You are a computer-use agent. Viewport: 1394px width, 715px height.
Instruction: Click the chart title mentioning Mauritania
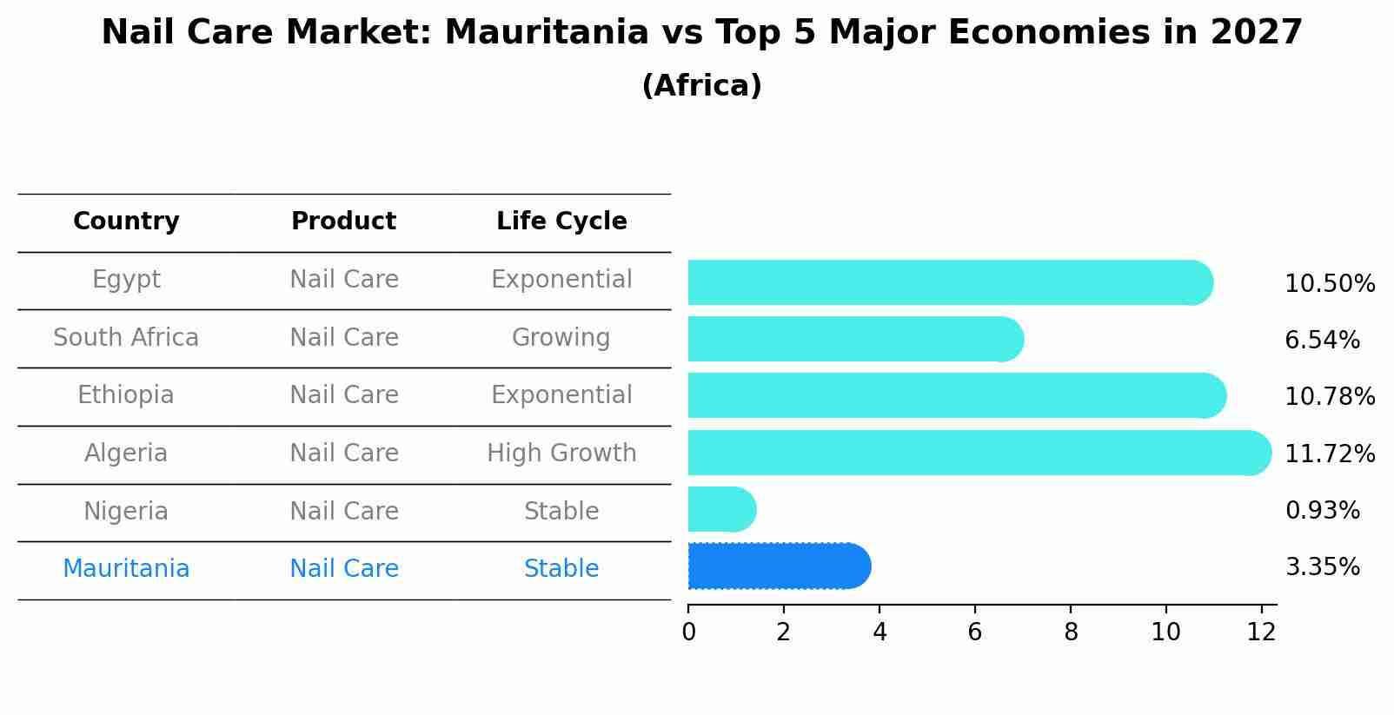click(701, 33)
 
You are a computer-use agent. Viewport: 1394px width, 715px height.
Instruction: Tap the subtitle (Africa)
click(701, 86)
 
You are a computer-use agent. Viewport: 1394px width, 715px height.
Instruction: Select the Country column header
click(126, 222)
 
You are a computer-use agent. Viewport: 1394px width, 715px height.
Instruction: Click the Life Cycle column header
click(561, 222)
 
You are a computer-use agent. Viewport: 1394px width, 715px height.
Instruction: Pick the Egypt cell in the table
click(126, 280)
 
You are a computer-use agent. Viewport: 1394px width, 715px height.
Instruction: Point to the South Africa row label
click(126, 338)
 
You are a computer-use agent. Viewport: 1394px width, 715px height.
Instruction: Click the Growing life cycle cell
click(561, 338)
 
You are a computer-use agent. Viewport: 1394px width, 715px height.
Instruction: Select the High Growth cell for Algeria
click(561, 453)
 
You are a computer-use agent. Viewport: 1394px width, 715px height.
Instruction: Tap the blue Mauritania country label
click(126, 569)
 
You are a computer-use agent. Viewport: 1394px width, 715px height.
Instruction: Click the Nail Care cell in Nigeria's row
click(344, 512)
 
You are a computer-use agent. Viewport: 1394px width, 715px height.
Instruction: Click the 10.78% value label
click(1330, 397)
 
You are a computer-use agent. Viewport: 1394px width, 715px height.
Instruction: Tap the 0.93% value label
click(1322, 511)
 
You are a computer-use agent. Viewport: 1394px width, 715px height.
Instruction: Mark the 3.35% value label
click(1322, 567)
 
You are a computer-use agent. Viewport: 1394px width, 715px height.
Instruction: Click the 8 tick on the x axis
click(1071, 632)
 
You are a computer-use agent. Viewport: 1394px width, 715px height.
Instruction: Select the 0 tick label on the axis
click(688, 632)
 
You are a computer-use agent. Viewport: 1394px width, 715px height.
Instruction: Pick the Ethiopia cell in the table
click(126, 395)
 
